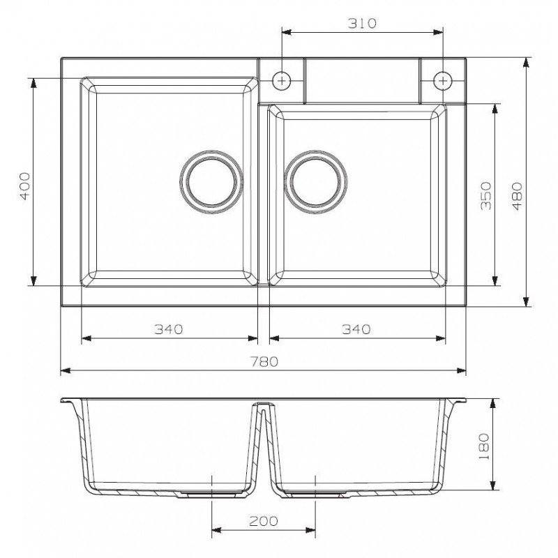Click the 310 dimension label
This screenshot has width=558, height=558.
click(x=362, y=23)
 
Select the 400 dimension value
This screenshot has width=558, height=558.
click(x=24, y=186)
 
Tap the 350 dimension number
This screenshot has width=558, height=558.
click(x=485, y=196)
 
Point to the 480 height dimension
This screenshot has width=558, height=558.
click(x=517, y=196)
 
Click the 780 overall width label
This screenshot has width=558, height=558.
click(x=264, y=361)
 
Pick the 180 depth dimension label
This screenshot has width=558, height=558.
click(x=484, y=446)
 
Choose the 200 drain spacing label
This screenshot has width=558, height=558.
click(x=264, y=521)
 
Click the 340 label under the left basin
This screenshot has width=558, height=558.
click(x=168, y=329)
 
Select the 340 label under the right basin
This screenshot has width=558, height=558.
click(x=356, y=329)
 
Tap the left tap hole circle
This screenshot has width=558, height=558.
click(x=282, y=81)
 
